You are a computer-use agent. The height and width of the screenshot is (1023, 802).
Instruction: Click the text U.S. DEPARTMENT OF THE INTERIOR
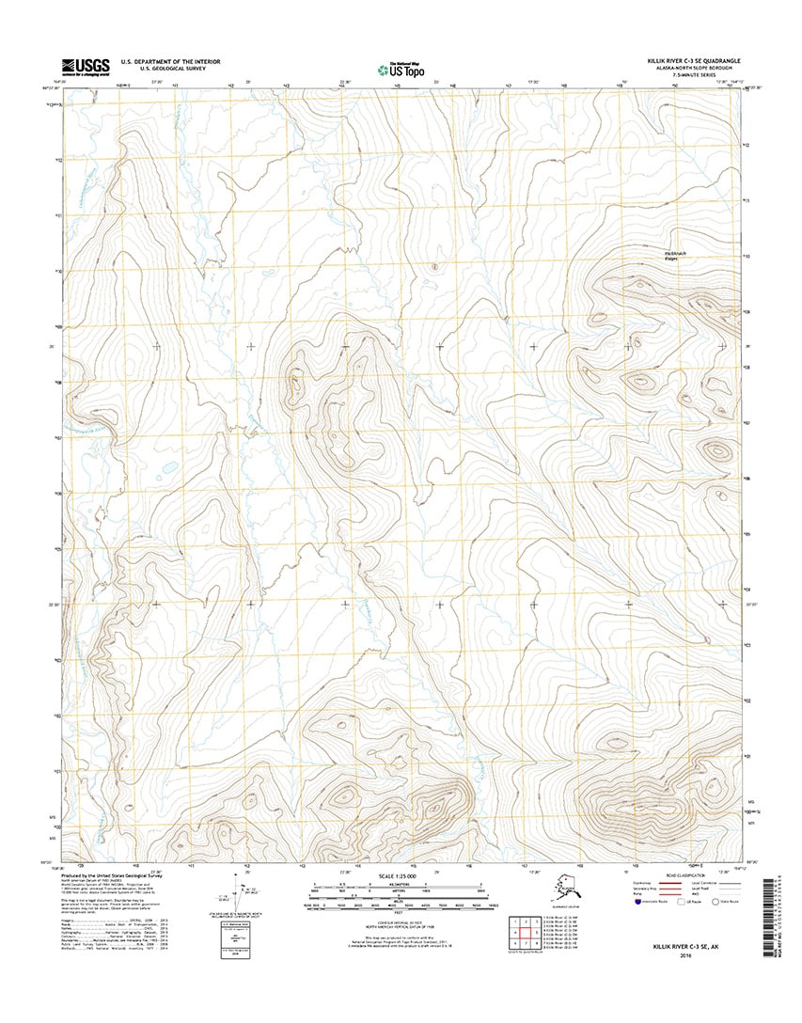pos(170,62)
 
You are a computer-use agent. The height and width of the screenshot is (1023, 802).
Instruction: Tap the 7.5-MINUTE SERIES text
pos(714,76)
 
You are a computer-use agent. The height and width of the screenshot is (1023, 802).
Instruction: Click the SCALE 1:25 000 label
pos(395,875)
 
